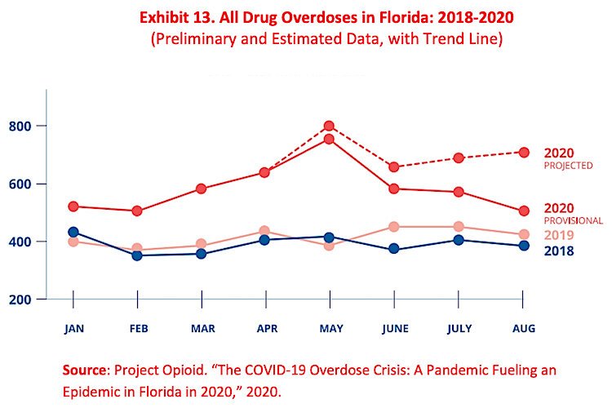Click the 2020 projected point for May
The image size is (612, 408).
tap(329, 126)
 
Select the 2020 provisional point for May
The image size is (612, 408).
tap(329, 139)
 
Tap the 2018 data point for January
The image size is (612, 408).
tap(73, 233)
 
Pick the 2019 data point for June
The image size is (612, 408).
tap(393, 227)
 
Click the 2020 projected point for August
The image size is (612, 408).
tap(523, 152)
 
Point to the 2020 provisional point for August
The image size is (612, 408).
tap(523, 210)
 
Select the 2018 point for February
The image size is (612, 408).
tap(137, 255)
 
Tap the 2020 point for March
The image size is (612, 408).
tap(201, 188)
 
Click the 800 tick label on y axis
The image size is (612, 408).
tap(20, 126)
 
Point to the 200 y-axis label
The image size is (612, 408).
tap(20, 299)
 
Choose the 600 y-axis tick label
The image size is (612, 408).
tap(20, 184)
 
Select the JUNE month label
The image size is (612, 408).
tap(393, 328)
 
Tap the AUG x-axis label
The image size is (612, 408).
tap(523, 328)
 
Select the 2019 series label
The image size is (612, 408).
tap(559, 236)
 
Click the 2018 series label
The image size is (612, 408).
tap(559, 251)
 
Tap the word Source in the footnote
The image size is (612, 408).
tap(86, 370)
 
